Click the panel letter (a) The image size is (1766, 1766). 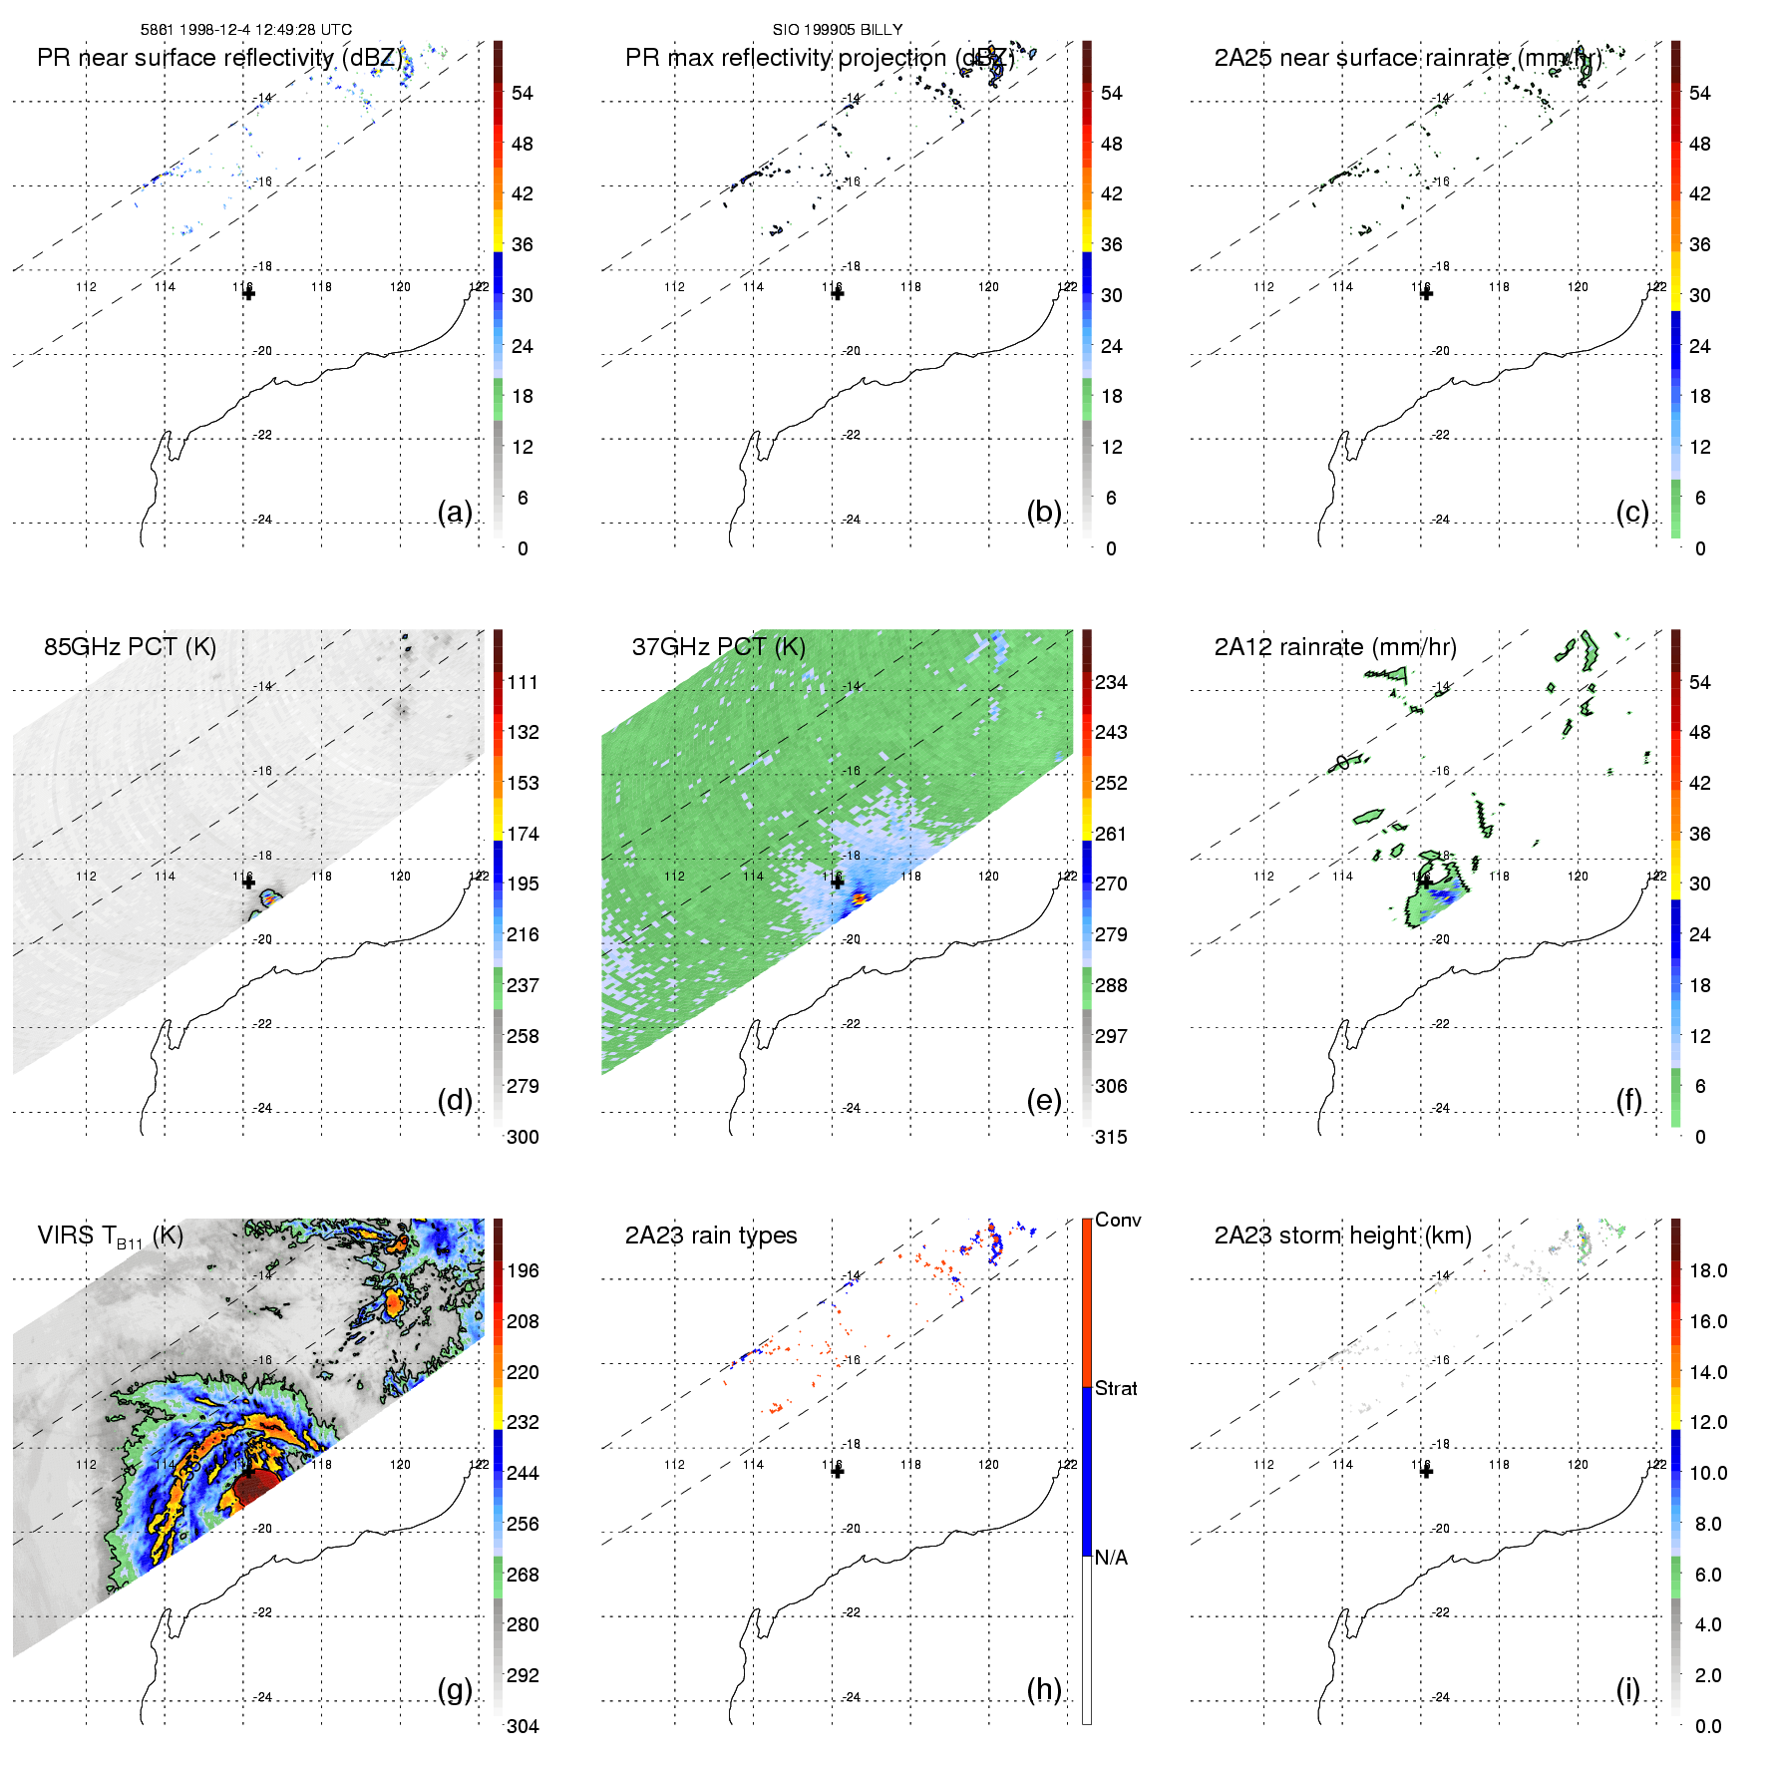pyautogui.click(x=455, y=513)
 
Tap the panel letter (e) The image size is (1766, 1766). pyautogui.click(x=1043, y=1101)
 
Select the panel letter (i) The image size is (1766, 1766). pyautogui.click(x=1627, y=1689)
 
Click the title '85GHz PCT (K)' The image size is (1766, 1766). pyautogui.click(x=130, y=646)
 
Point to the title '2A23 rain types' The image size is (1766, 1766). pyautogui.click(x=711, y=1236)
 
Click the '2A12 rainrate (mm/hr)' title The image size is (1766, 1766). pyautogui.click(x=1335, y=646)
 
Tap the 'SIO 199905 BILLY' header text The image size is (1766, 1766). pyautogui.click(x=838, y=30)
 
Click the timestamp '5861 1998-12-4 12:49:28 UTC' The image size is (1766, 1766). pyautogui.click(x=246, y=30)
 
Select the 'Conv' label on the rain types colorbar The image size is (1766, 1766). pyautogui.click(x=1118, y=1220)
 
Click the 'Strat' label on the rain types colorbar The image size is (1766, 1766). pyautogui.click(x=1116, y=1388)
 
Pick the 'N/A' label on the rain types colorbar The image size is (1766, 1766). pyautogui.click(x=1111, y=1558)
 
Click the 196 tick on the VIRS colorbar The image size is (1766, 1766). pyautogui.click(x=523, y=1270)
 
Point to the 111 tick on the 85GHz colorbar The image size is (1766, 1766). pyautogui.click(x=523, y=682)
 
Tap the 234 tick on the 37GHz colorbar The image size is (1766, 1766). pyautogui.click(x=1111, y=682)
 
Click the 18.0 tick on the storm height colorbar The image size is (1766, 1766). pyautogui.click(x=1708, y=1270)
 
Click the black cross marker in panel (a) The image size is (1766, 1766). pyautogui.click(x=248, y=293)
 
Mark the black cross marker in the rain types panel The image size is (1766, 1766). pyautogui.click(x=838, y=1471)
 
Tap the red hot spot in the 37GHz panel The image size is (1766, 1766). pyautogui.click(x=859, y=898)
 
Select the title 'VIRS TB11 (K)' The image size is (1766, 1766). pyautogui.click(x=110, y=1236)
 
